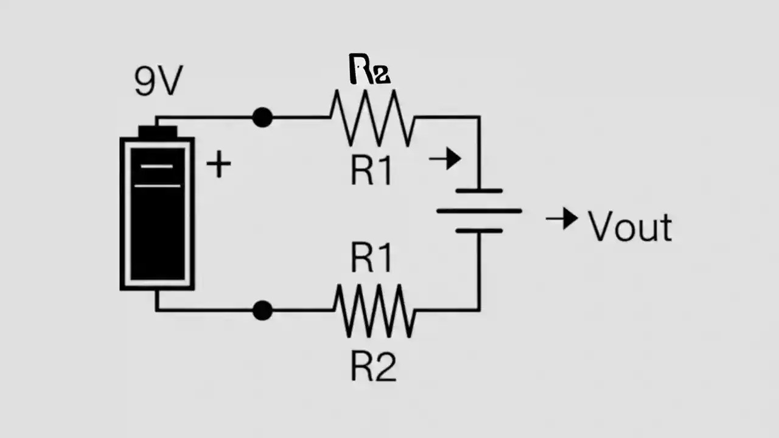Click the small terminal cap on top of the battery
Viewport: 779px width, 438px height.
[158, 131]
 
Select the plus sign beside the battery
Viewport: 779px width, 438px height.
[218, 165]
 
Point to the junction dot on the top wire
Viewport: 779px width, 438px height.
[262, 117]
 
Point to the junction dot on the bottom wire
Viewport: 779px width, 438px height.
[262, 310]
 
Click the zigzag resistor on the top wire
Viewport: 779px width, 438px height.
[372, 117]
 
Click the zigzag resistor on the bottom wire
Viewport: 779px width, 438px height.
[374, 310]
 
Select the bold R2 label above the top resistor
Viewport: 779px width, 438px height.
[369, 69]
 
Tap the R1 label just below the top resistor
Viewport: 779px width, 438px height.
[372, 172]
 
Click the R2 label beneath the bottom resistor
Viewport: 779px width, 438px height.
[373, 367]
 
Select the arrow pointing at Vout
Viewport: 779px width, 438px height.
[562, 218]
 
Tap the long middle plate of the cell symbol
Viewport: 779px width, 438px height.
[479, 211]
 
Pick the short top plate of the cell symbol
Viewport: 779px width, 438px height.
[479, 191]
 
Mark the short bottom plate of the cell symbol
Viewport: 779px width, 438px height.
[479, 231]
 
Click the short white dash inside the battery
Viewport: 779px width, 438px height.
[157, 165]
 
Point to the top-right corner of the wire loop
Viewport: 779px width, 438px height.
[479, 117]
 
